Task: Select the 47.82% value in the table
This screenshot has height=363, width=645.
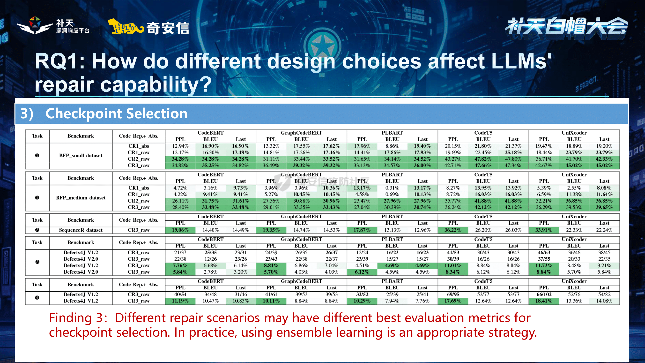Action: (x=483, y=159)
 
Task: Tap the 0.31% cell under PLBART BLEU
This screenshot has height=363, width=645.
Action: (x=392, y=188)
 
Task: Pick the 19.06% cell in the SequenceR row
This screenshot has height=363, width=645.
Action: (x=180, y=230)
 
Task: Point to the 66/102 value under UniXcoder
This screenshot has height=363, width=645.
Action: (x=544, y=294)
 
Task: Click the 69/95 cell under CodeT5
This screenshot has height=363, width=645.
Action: (x=453, y=294)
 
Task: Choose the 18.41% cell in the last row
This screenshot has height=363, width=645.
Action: (x=544, y=301)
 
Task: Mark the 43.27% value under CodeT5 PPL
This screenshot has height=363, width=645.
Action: (x=453, y=159)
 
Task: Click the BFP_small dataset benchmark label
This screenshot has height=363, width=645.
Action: (x=81, y=156)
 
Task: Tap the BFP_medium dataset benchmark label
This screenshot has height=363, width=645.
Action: (x=81, y=198)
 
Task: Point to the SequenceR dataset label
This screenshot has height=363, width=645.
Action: (x=81, y=230)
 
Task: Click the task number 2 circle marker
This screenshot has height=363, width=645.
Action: (x=37, y=230)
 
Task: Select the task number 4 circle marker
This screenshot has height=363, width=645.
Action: (x=37, y=298)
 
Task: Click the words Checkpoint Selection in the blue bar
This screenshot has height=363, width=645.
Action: (x=116, y=114)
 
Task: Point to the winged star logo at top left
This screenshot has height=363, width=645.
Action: (x=35, y=25)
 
